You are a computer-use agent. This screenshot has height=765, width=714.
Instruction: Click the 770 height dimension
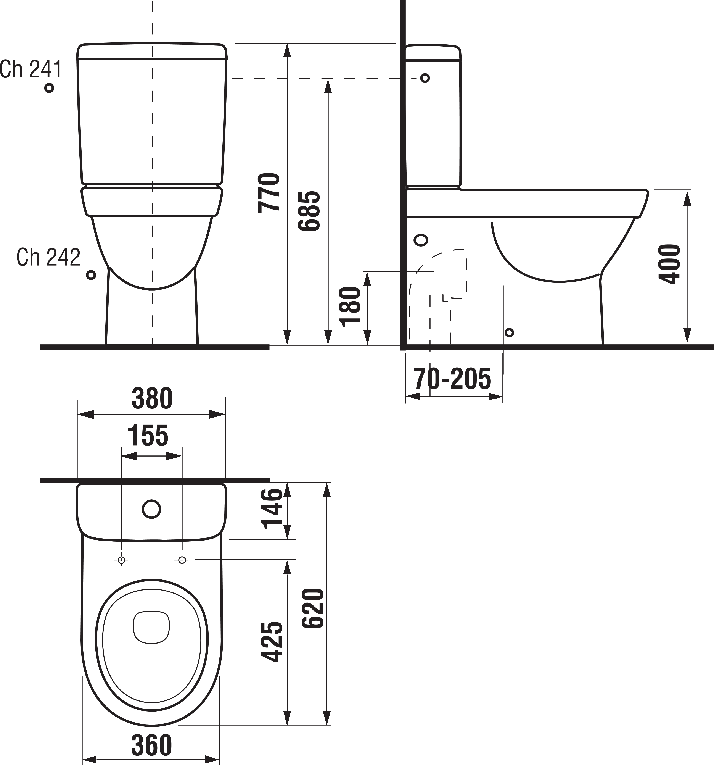[x=269, y=192]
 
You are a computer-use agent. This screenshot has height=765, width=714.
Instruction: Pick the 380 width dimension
[x=152, y=399]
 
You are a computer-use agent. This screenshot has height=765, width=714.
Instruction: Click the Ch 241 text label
[x=31, y=70]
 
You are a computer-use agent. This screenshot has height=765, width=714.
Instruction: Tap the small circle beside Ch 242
[x=91, y=275]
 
